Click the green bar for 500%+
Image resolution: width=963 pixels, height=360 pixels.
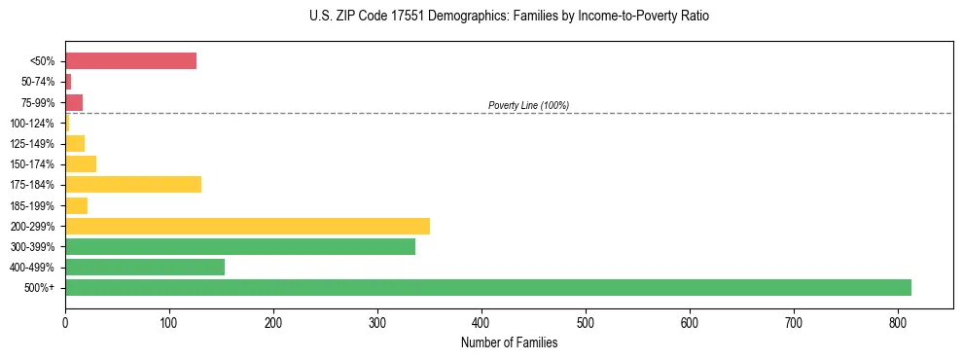pos(487,287)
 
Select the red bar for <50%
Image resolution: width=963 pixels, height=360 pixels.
pos(130,61)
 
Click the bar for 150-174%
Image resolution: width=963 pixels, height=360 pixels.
pos(81,163)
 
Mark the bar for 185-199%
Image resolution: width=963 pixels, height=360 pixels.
pos(76,205)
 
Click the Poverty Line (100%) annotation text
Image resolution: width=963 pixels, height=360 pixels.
pos(528,105)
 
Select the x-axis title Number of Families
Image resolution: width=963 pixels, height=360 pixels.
pos(509,342)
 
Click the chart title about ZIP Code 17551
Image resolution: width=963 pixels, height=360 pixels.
pos(510,17)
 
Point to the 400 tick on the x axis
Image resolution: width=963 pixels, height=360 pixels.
pos(481,322)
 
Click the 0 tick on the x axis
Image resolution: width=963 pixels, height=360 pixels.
pos(65,322)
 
